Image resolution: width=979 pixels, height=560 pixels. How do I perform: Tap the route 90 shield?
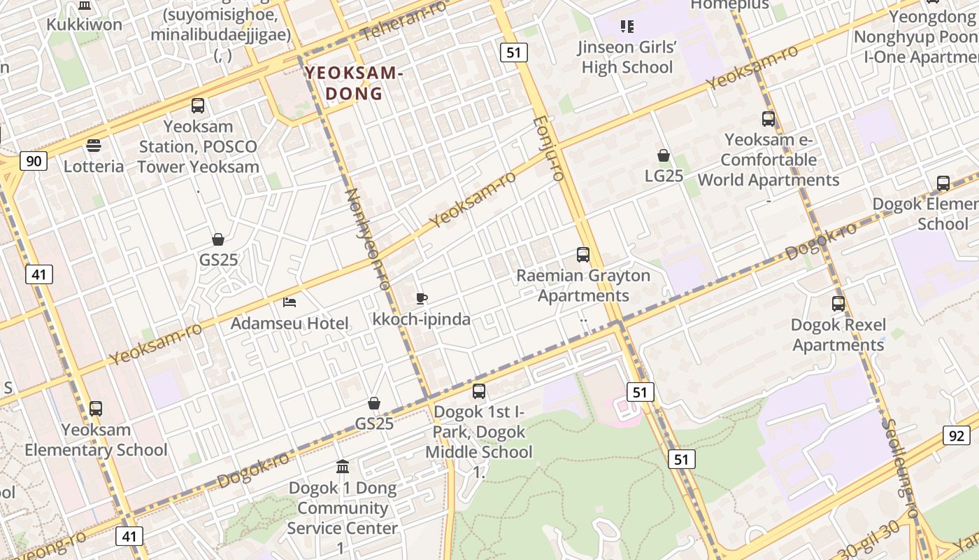(33, 162)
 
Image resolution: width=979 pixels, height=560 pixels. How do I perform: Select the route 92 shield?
(957, 435)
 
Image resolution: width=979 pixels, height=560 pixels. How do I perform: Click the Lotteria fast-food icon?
(93, 146)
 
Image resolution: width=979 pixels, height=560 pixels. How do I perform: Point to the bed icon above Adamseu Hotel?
(290, 302)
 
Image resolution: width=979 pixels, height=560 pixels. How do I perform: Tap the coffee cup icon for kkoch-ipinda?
(422, 299)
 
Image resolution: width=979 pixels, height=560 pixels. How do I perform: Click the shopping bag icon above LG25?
(664, 155)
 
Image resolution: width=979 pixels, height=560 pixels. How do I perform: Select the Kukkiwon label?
(84, 24)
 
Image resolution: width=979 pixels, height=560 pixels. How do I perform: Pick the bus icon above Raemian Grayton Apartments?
(583, 255)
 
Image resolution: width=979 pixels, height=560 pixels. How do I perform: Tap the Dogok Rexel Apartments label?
(838, 335)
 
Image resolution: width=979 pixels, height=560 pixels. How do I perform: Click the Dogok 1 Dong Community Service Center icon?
(343, 466)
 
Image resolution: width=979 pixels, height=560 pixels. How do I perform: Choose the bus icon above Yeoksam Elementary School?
(96, 409)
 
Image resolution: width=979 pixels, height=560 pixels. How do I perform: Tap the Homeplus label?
(729, 5)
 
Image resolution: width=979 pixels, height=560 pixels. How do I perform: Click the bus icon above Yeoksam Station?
(198, 106)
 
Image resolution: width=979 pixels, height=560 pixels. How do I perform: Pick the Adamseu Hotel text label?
(290, 323)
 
